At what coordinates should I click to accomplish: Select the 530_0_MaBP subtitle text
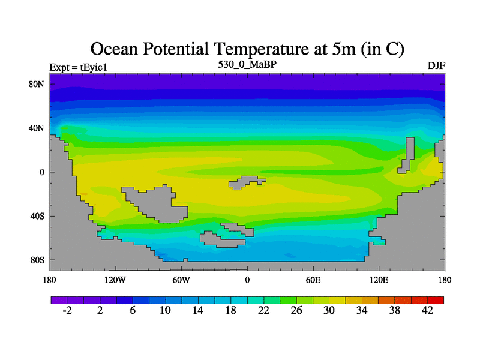(x=247, y=64)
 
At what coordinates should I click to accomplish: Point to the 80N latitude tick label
(x=37, y=84)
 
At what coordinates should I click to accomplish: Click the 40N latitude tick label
(x=37, y=128)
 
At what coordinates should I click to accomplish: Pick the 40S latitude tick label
(x=37, y=216)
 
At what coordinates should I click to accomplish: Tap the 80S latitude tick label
(x=37, y=260)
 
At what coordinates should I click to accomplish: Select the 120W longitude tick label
(x=115, y=280)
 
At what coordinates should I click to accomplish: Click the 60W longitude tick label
(x=181, y=280)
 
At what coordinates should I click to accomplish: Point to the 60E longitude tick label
(x=313, y=280)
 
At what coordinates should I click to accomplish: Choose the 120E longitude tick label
(x=379, y=280)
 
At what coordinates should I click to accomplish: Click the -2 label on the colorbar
(x=67, y=310)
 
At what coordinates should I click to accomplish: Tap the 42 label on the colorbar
(x=428, y=310)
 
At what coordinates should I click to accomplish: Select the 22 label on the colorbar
(x=264, y=310)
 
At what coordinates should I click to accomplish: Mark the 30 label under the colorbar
(x=329, y=310)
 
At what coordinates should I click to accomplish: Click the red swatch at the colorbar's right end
(x=436, y=299)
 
